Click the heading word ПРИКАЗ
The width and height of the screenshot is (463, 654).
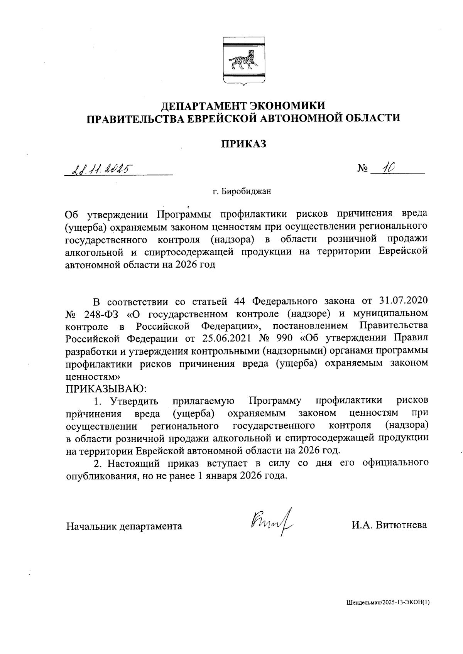coord(244,144)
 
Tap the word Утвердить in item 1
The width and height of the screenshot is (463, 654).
coord(134,401)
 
